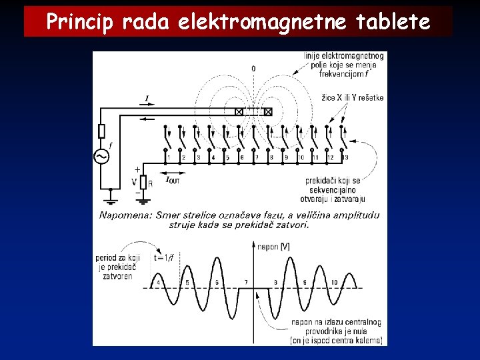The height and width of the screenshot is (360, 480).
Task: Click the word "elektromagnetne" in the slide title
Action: click(261, 23)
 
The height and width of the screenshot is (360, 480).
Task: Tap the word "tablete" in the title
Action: click(393, 23)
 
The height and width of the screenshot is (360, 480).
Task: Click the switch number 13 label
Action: click(344, 157)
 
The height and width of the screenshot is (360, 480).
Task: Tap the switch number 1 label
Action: click(169, 157)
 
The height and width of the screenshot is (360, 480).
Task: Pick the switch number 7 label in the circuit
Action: click(256, 157)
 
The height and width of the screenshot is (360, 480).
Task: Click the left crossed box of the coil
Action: click(239, 111)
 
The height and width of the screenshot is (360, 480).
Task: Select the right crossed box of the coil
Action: click(268, 111)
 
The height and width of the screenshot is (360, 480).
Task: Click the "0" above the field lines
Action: click(253, 69)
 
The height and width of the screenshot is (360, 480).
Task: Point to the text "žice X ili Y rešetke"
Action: click(352, 98)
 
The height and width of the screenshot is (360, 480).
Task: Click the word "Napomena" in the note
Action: click(125, 215)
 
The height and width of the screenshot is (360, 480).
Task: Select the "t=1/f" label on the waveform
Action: click(164, 258)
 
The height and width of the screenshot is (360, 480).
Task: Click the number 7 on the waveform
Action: click(246, 282)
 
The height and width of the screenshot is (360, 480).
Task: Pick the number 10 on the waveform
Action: click(334, 282)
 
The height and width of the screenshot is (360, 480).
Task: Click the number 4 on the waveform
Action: click(158, 282)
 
